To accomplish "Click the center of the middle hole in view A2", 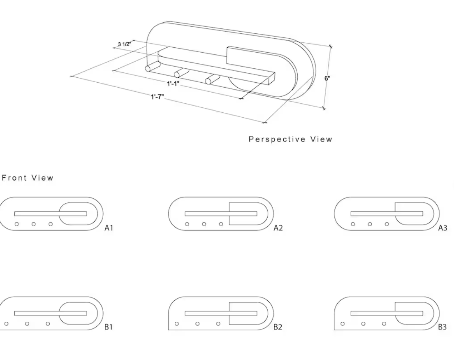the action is (x=204, y=224).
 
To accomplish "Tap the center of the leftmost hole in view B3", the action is (x=343, y=324).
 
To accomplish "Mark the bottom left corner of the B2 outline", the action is (x=169, y=330).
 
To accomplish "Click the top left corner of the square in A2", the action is (x=229, y=203).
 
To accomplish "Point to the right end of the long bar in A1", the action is (x=87, y=214).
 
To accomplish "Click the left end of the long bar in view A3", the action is (x=351, y=214).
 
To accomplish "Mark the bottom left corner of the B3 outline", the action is (x=334, y=330).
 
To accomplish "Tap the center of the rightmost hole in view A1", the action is (x=51, y=224).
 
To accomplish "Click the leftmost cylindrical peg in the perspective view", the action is (x=152, y=66).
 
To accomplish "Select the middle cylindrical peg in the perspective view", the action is (x=181, y=73).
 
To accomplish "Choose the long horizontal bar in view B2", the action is (x=221, y=314).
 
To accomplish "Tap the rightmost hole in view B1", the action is (x=48, y=324).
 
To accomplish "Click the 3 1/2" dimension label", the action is (x=125, y=44).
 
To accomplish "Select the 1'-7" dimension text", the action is (x=157, y=97).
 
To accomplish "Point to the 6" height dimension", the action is (x=327, y=78).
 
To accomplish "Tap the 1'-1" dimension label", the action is (x=173, y=84).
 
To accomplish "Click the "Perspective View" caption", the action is (x=290, y=139).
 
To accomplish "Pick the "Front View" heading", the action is (x=28, y=178).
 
